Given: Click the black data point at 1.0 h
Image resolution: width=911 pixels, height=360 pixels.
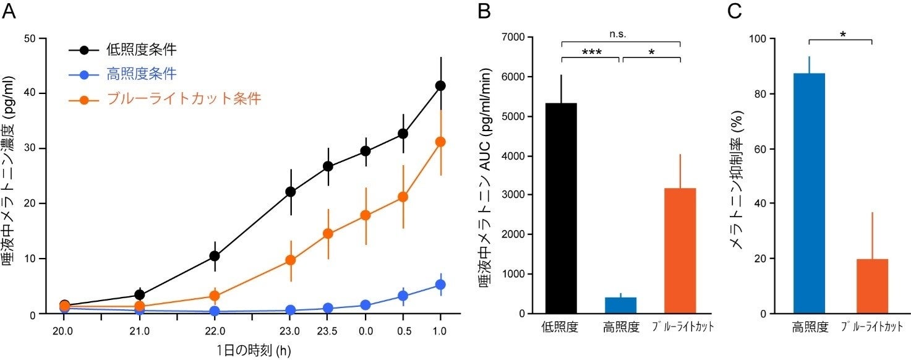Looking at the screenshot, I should tap(440, 85).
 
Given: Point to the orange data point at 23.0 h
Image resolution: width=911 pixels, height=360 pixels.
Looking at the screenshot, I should tap(290, 260).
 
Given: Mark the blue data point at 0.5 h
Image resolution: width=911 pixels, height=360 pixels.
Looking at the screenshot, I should tap(403, 296).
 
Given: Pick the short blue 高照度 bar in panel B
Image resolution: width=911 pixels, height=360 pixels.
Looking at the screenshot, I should tap(620, 306).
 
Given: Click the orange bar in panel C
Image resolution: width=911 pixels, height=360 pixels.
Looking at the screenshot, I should tap(872, 286).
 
